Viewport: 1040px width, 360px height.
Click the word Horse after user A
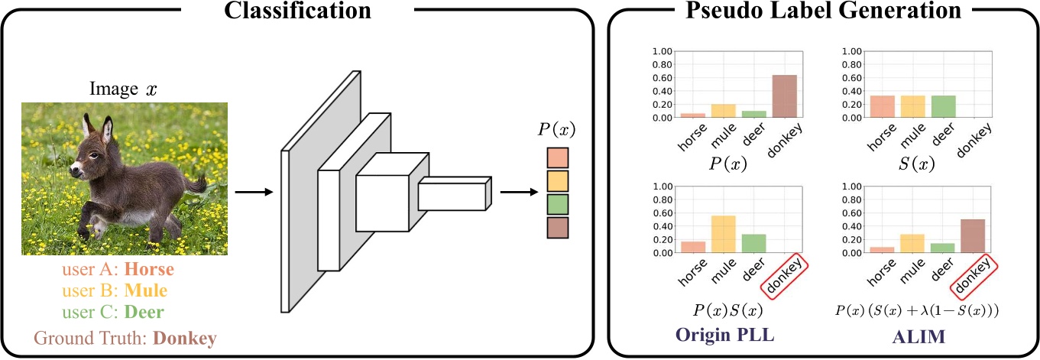coord(149,270)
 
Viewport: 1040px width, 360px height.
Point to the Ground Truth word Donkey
coord(184,337)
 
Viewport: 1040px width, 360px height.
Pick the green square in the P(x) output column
coord(558,203)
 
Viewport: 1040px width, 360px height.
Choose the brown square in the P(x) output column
coord(558,227)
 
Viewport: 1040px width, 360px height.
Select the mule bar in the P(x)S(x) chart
coord(723,234)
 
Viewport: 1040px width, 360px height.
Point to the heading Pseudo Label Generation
coord(824,11)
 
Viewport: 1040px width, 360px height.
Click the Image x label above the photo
coord(123,89)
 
